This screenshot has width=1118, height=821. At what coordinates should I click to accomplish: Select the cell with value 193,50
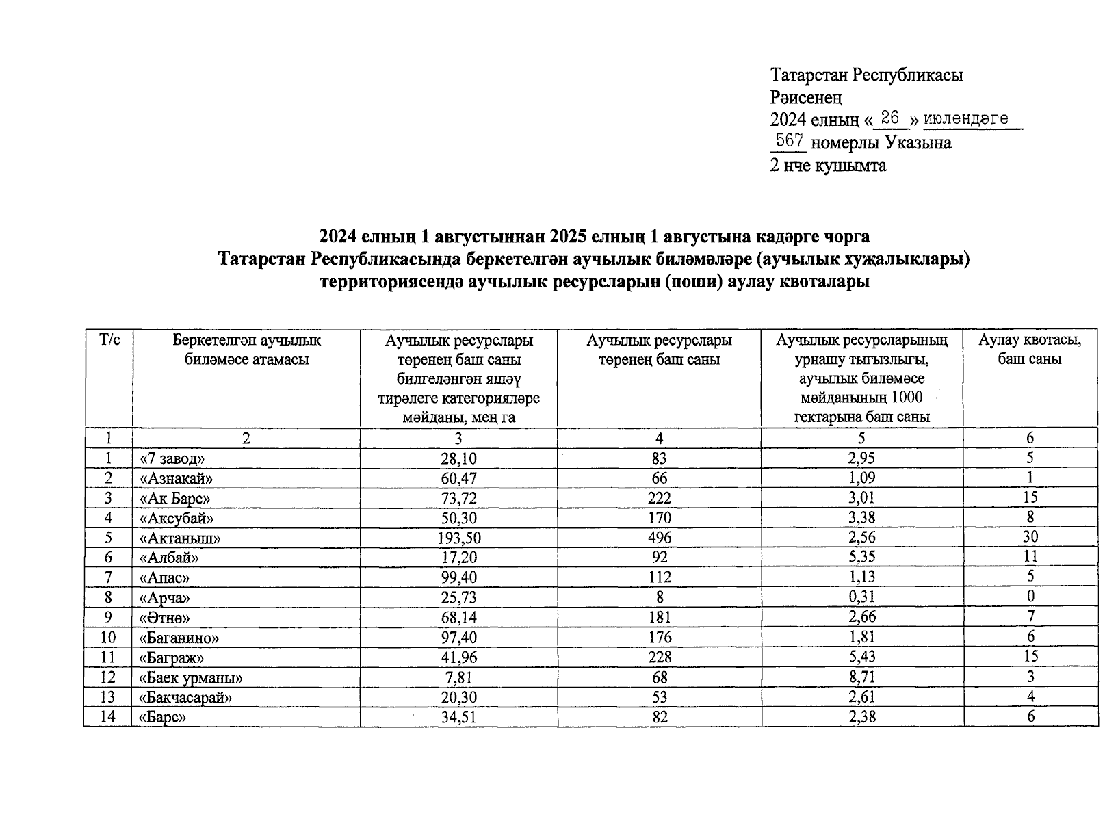point(458,538)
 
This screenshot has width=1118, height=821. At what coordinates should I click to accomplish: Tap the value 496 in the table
point(659,538)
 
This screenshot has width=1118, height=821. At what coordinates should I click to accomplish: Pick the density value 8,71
point(861,677)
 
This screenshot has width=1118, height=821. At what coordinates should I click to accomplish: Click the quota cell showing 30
point(1030,537)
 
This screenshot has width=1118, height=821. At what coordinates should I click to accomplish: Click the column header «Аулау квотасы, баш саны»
point(1029,349)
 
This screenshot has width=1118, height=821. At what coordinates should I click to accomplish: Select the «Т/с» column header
point(109,340)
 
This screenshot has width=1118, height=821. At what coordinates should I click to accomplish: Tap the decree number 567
point(789,141)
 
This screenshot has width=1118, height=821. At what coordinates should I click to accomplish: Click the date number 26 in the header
point(890,118)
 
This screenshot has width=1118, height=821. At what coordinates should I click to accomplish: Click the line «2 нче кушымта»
point(828,166)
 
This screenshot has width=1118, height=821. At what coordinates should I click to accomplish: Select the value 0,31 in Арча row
point(861,597)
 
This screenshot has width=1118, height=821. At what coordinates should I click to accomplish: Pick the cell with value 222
point(659,498)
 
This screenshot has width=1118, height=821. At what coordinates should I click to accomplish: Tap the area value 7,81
point(458,678)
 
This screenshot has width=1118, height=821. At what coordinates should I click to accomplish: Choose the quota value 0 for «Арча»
point(1030,597)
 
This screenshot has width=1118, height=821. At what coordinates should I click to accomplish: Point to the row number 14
point(107,717)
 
